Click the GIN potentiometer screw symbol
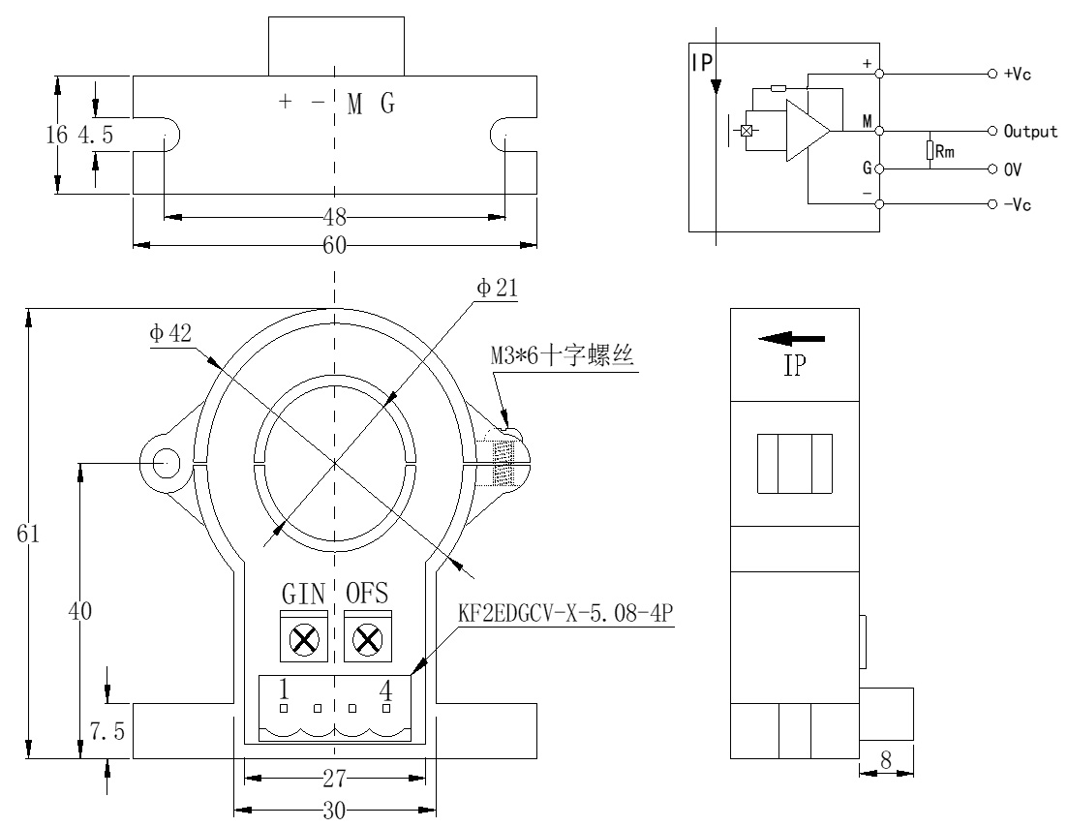point(306,639)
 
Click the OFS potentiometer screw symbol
point(367,639)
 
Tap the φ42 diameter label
point(170,334)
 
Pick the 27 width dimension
point(335,777)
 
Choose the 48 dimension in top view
point(335,216)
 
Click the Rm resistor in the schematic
point(930,150)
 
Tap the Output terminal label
point(1030,131)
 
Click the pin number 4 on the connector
point(385,689)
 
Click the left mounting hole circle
point(162,463)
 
